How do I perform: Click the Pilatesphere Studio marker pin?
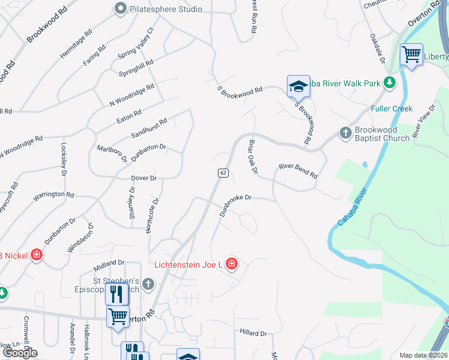click(121, 8)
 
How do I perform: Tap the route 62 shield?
click(223, 173)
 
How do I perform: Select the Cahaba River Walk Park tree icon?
click(390, 82)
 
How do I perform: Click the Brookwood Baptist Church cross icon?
click(345, 132)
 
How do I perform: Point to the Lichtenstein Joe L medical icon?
click(231, 264)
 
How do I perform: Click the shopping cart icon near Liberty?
click(412, 55)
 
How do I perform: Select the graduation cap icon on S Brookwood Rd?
click(298, 86)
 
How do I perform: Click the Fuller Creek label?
click(392, 109)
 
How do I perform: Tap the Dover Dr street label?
click(143, 178)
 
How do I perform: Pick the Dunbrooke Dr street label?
click(235, 205)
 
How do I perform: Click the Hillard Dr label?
click(253, 333)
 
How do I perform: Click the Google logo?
click(19, 352)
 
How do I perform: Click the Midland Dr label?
click(109, 263)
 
